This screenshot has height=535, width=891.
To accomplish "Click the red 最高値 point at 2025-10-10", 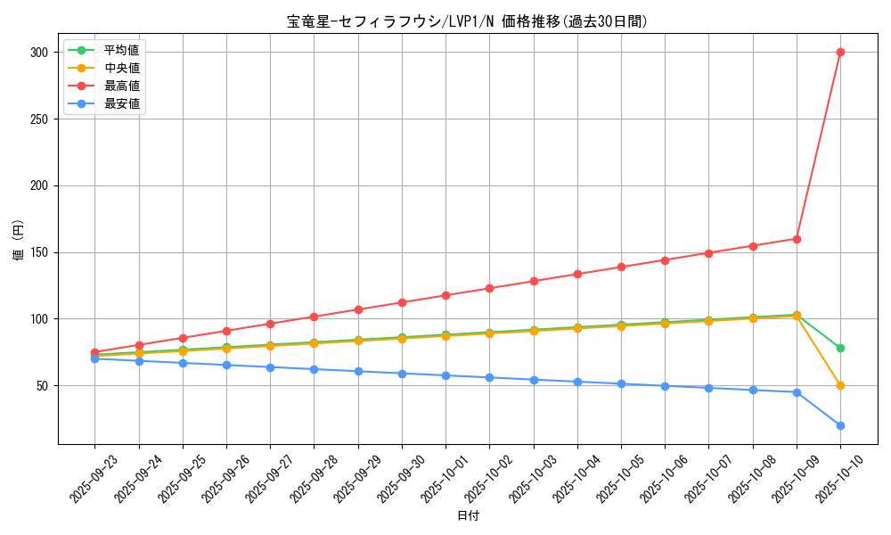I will coord(840,52).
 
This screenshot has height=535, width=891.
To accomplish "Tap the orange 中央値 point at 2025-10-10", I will coord(840,385).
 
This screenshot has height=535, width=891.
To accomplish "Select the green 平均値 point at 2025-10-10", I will coord(840,348).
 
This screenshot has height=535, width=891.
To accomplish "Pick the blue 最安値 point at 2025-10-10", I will coord(840,425).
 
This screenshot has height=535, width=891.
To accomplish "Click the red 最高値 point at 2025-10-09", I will coord(797,239).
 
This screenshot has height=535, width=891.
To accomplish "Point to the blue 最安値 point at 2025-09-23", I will coord(94,358).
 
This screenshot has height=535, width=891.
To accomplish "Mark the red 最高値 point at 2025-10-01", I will coord(445,295).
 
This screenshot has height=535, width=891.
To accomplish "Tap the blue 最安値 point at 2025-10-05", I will coord(621,383).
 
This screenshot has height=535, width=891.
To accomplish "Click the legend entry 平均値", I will coord(121,50).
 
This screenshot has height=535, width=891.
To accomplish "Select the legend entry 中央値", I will coord(121,68).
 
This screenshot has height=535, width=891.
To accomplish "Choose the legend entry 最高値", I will coord(121,86).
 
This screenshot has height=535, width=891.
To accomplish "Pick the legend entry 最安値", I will coord(121,103).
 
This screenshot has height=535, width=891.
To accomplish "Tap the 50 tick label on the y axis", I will coord(42,385).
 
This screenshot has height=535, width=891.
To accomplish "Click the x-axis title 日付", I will coord(468,516).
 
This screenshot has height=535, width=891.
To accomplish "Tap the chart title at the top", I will coord(468,21).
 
